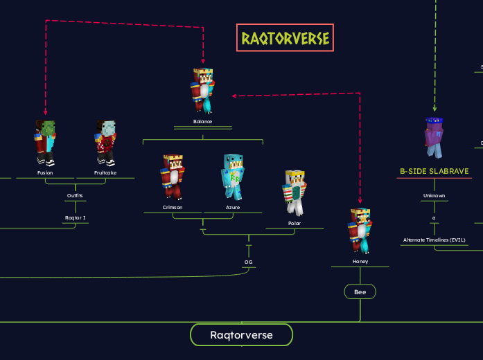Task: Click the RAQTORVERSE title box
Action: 285,38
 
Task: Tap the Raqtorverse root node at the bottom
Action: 241,335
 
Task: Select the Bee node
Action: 360,292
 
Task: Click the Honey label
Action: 360,262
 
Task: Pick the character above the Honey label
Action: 360,231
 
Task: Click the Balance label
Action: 203,121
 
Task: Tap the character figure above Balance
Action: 203,90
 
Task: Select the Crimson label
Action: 173,207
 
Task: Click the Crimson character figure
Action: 172,177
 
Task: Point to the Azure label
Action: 233,207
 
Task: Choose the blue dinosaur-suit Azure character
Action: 233,177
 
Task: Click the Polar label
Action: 295,223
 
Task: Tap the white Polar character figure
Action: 295,192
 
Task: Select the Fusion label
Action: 45,172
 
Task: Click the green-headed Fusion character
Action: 45,143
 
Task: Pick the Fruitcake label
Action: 105,172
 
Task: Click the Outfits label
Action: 75,195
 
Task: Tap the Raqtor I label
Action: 75,217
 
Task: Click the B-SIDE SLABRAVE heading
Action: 434,171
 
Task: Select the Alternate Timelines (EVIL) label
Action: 434,240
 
